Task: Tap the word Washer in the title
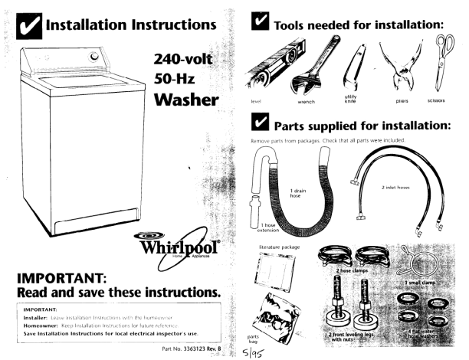point(188,100)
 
